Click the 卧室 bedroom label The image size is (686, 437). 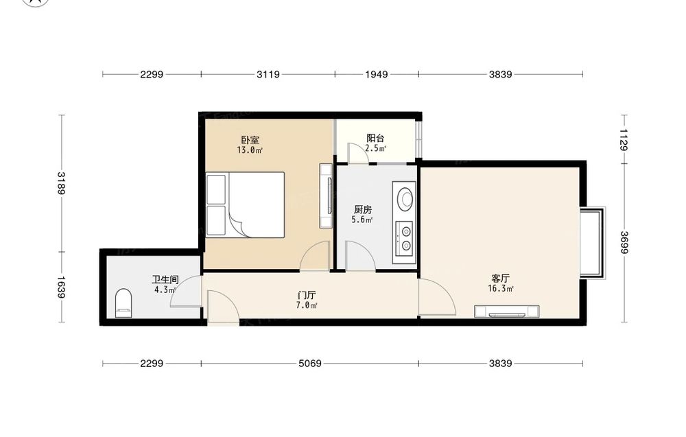250,140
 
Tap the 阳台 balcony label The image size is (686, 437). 375,138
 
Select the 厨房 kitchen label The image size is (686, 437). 363,209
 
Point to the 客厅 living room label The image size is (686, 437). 501,279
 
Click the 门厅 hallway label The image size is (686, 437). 307,295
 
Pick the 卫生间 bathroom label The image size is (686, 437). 165,279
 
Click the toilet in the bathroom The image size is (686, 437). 123,303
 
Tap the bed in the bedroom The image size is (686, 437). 246,204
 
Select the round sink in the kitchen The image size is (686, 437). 405,198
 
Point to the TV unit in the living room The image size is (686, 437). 507,311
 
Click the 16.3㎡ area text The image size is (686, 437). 501,289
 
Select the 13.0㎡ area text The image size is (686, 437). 250,150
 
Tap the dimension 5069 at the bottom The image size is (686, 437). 310,364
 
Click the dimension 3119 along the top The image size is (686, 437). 268,74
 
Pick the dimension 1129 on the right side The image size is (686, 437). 624,139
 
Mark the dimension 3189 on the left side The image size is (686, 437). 61,183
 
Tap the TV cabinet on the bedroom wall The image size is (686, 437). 326,196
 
